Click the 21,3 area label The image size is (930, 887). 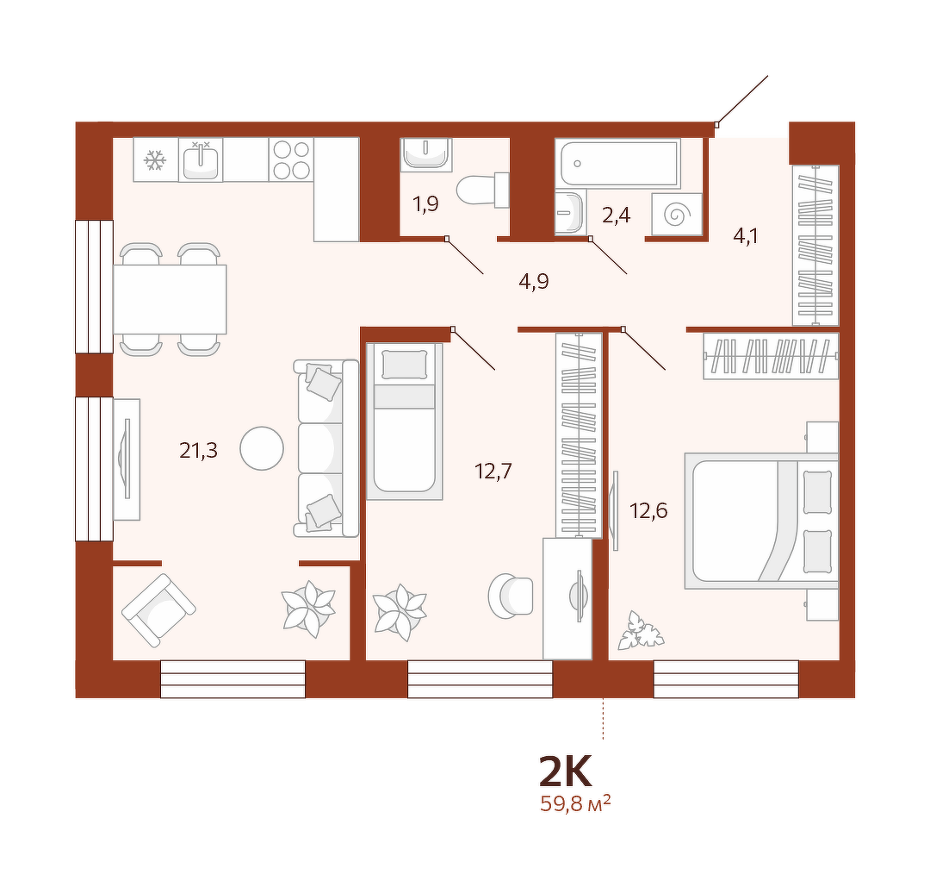pos(199,451)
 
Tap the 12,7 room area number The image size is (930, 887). pos(493,472)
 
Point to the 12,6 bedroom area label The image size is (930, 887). pos(649,510)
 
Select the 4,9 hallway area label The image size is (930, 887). pos(534,281)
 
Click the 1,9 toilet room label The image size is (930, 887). pos(426,204)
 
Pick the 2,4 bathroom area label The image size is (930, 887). pos(617,215)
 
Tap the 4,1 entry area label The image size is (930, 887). pos(746,236)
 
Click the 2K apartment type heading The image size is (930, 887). pos(565,771)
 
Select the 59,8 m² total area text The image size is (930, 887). pos(575,804)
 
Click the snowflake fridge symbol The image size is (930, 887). pos(155,160)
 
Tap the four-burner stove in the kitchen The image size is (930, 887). pos(291,159)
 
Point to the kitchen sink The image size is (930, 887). pos(201,160)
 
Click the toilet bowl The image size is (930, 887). pos(482,190)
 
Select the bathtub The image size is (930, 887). pos(618,163)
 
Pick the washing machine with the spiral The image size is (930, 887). pos(677,215)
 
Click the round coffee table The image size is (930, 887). pos(262,449)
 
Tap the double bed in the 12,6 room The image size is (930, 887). pos(761,521)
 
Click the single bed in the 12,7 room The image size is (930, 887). pos(405,421)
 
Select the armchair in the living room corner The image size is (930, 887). pos(158,609)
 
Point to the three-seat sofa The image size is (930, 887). pos(326,448)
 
